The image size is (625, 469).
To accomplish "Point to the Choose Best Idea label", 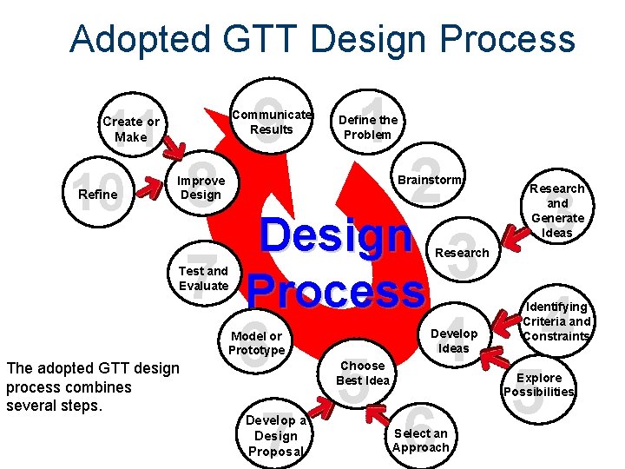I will tap(364, 373).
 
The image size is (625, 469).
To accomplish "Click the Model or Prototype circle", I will tap(256, 343).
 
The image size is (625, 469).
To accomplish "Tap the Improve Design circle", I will tap(201, 188).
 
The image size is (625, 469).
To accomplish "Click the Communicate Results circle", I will tap(272, 122).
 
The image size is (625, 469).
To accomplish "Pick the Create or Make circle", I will tap(130, 129).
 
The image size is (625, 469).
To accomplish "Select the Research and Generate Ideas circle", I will tap(557, 209).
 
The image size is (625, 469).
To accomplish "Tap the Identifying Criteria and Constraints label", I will tap(556, 321).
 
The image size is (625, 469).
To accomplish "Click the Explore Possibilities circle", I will tap(538, 385).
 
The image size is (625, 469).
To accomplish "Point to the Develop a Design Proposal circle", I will tap(276, 435).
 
